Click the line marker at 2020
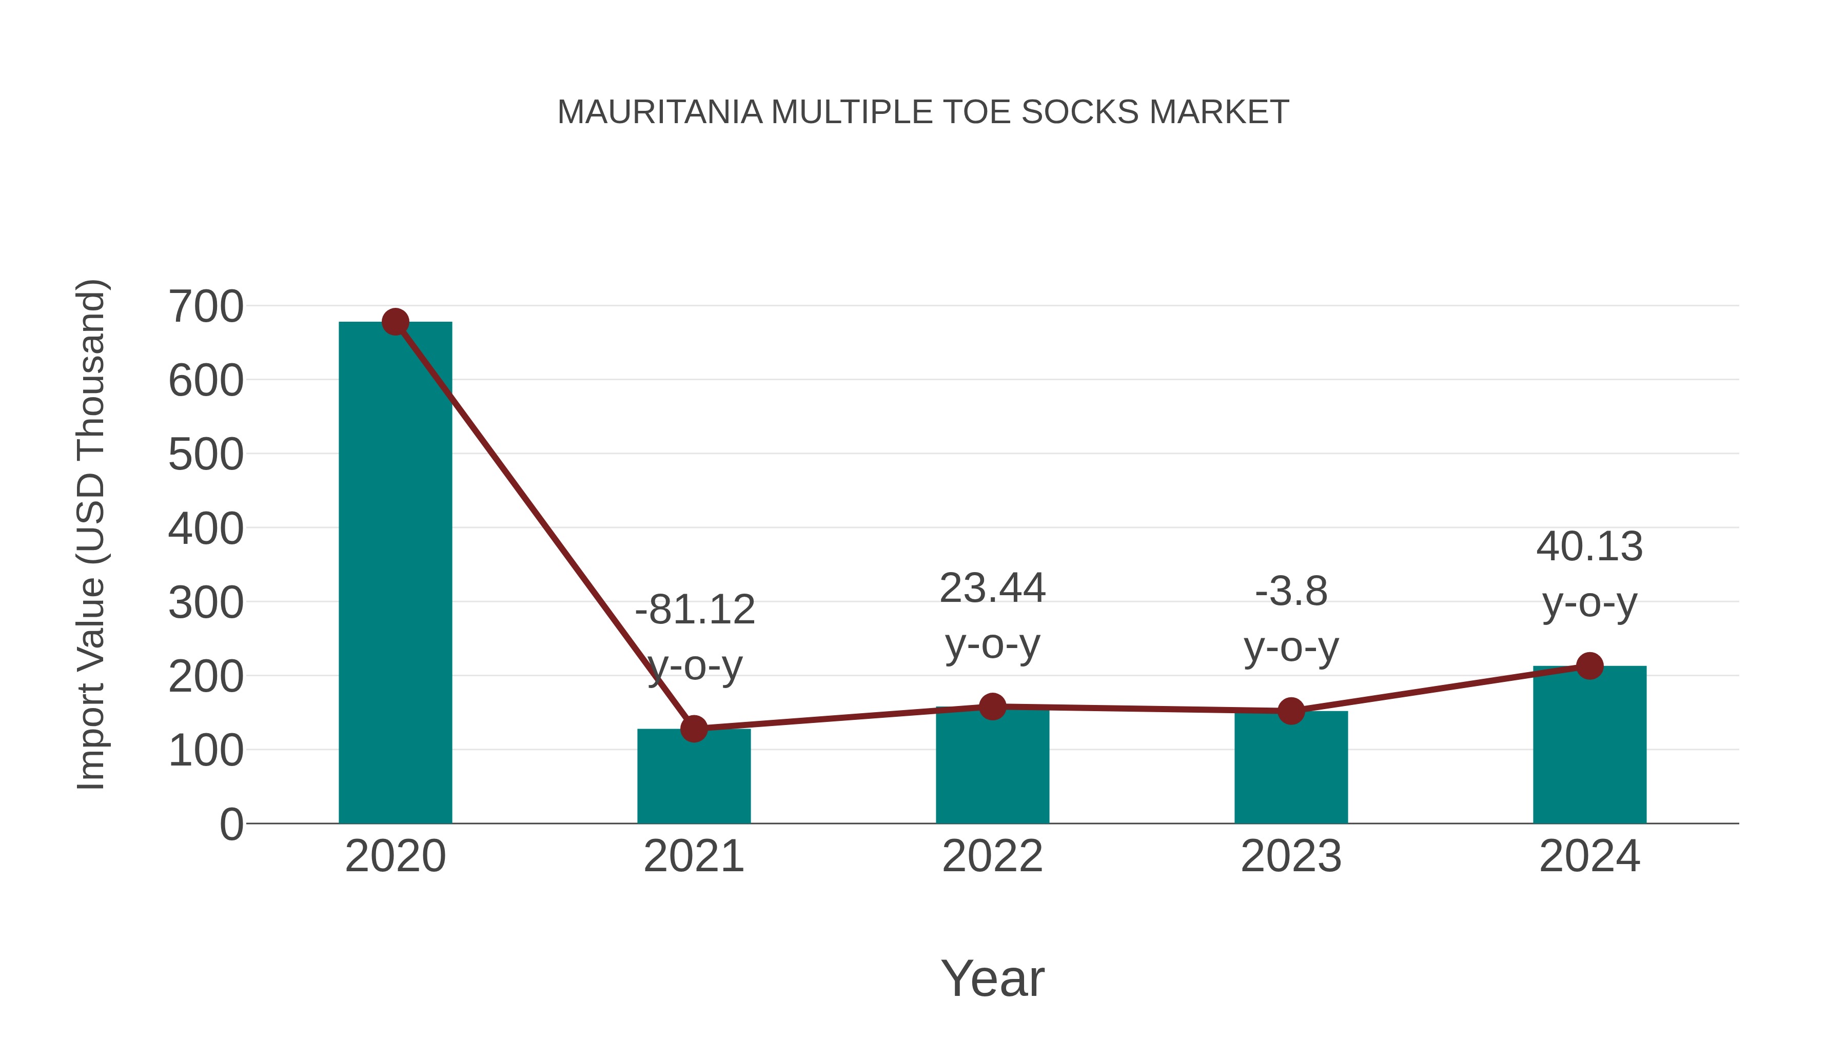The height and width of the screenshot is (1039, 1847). (x=395, y=322)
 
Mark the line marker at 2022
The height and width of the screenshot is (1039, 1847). (x=992, y=707)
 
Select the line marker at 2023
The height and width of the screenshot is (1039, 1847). (x=1291, y=711)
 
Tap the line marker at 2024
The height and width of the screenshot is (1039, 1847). (x=1589, y=665)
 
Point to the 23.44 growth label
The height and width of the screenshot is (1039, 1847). (x=992, y=616)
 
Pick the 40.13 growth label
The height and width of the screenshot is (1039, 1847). (x=1589, y=574)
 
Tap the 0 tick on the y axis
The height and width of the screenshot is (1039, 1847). (x=231, y=824)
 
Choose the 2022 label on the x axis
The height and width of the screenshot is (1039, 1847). (x=992, y=856)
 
